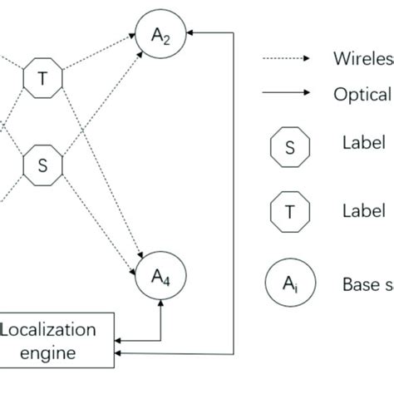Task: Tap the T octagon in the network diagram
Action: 42,77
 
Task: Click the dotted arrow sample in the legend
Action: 286,59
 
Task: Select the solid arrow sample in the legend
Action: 286,93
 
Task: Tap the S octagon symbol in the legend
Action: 289,149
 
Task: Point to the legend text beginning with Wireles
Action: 362,59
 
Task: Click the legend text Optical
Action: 362,94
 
